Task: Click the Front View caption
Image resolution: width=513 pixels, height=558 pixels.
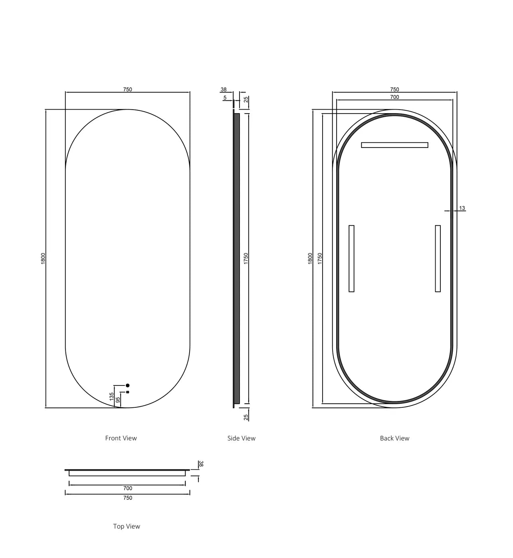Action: [x=121, y=438]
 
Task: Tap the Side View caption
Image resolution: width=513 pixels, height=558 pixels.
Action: [x=241, y=438]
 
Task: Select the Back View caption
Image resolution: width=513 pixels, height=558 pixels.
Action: [x=394, y=438]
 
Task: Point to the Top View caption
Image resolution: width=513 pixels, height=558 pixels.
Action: [x=127, y=526]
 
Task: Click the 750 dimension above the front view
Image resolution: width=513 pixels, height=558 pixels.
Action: [x=128, y=90]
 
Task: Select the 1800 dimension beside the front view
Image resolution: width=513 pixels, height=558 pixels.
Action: [x=43, y=258]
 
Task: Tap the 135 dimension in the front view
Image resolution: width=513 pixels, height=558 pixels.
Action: [x=112, y=397]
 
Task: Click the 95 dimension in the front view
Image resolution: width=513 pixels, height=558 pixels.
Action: [x=118, y=400]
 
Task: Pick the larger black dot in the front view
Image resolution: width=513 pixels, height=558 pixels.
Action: [x=128, y=385]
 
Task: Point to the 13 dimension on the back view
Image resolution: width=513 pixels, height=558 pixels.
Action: [x=462, y=208]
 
